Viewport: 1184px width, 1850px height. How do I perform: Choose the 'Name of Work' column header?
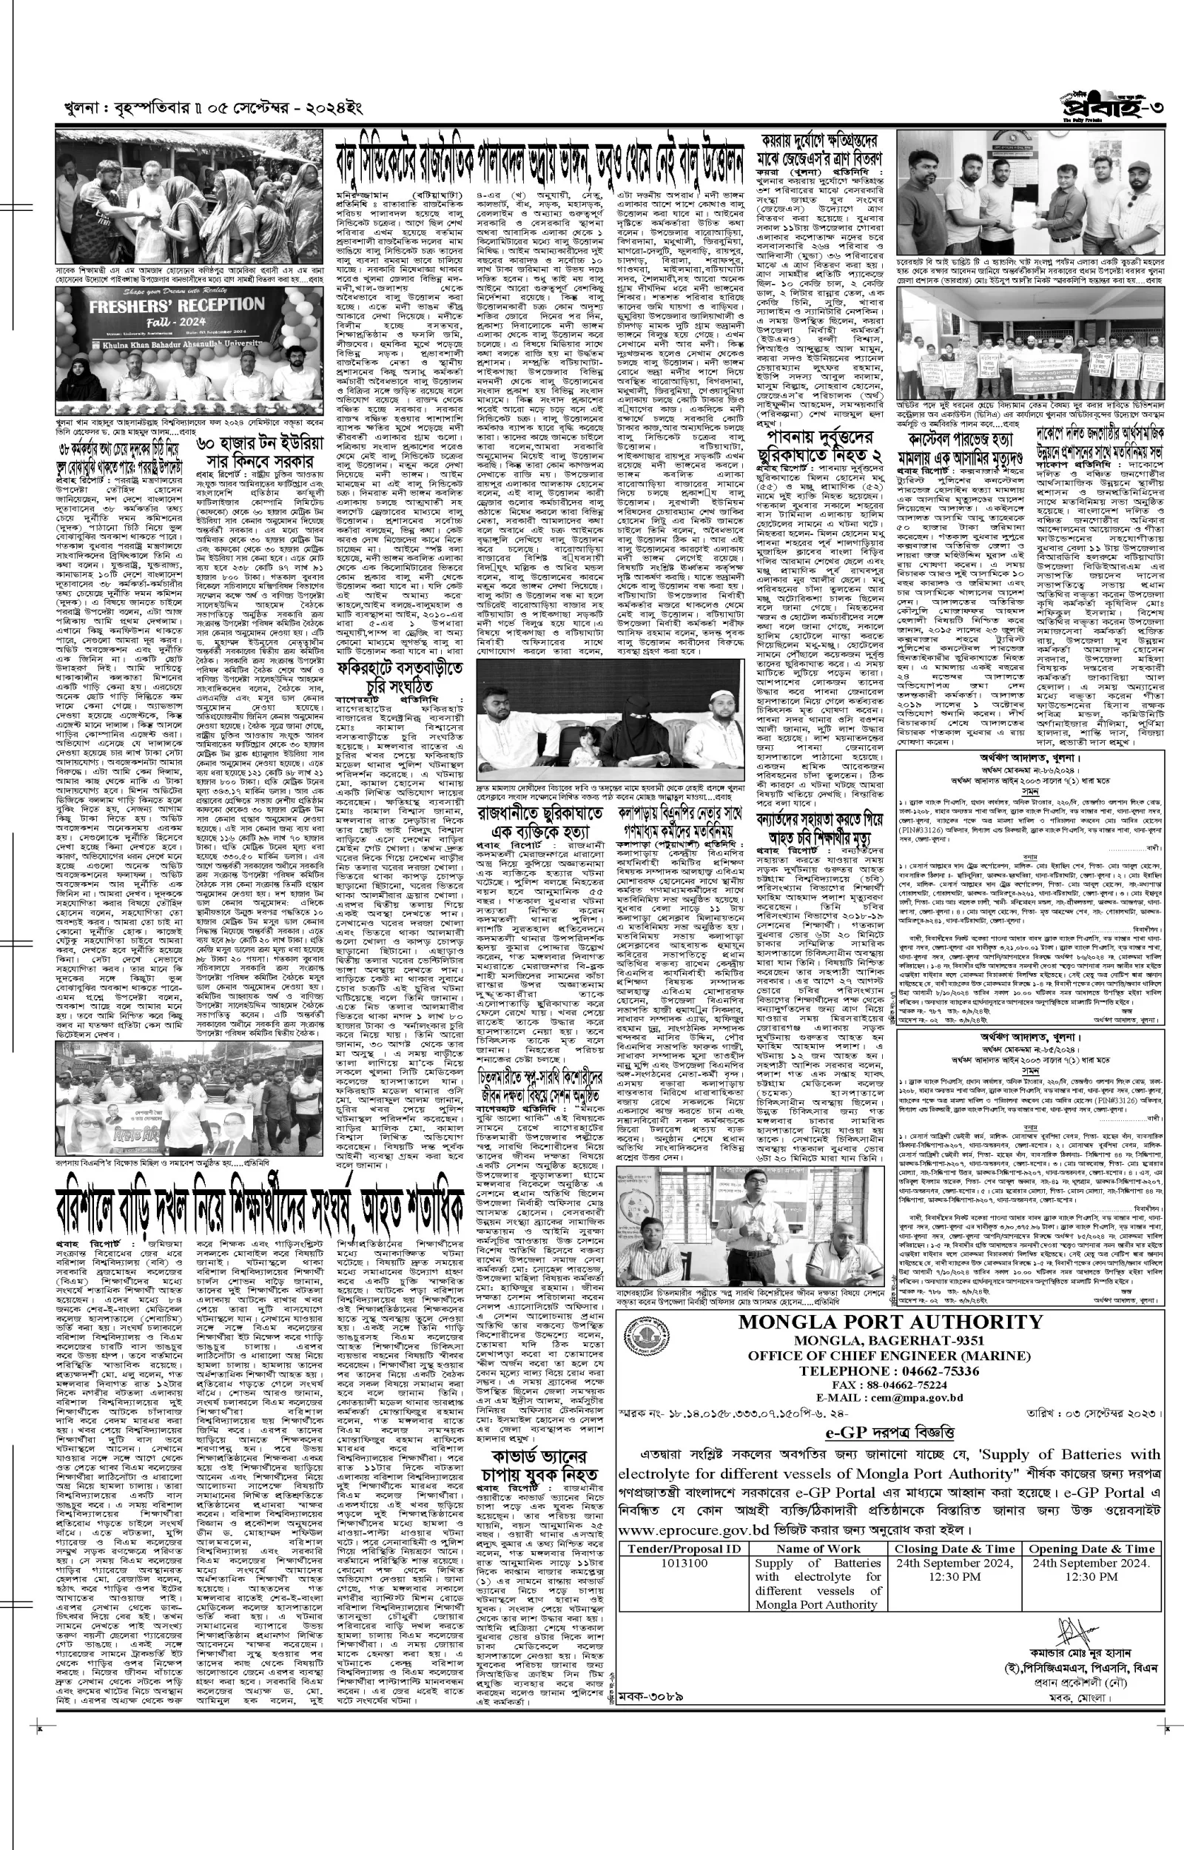click(818, 1527)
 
